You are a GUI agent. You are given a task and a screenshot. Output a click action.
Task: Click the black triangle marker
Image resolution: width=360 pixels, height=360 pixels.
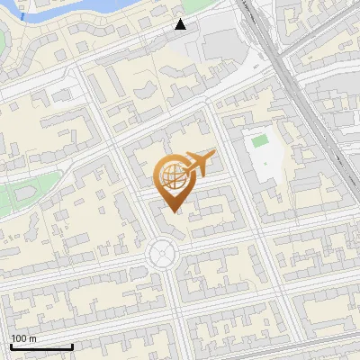click(180, 24)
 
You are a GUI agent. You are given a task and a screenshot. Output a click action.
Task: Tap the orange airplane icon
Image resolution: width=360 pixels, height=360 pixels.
click(199, 164)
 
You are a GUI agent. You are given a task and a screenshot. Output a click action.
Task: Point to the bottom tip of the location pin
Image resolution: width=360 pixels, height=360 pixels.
click(176, 212)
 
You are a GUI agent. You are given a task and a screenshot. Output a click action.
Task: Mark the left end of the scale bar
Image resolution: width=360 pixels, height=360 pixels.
click(11, 346)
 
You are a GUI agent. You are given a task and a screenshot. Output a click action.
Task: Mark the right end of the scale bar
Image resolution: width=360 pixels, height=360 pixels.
click(72, 346)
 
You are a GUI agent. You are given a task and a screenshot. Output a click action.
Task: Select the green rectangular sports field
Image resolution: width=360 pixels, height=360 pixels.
click(260, 141)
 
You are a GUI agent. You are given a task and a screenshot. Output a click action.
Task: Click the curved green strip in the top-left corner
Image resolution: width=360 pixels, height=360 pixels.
click(4, 40)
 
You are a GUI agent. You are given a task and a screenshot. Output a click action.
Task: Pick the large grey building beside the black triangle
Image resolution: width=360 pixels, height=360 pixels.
click(220, 40)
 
